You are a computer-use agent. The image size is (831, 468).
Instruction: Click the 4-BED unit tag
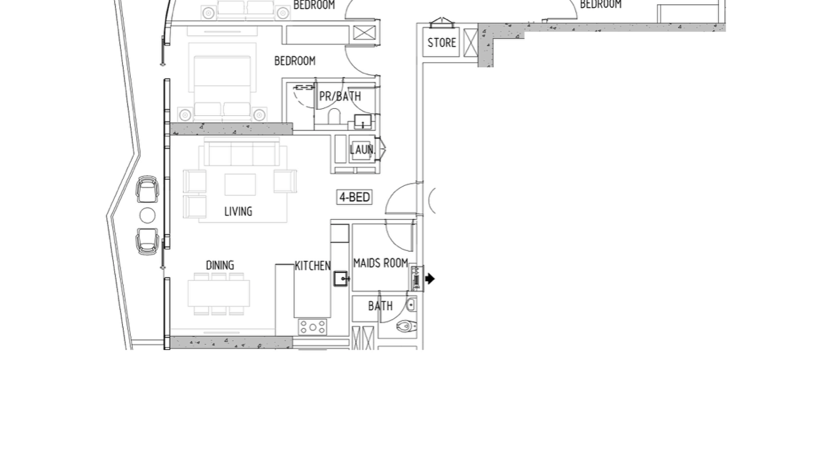[354, 197]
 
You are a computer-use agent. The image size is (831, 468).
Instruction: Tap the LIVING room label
[238, 211]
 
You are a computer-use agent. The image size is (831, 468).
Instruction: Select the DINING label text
[220, 265]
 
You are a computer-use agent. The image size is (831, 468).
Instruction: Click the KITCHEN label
[312, 266]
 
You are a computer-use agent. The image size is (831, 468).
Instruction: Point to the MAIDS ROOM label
[380, 263]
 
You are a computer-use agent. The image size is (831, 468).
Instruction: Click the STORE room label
[441, 42]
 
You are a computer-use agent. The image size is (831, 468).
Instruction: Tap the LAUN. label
[362, 150]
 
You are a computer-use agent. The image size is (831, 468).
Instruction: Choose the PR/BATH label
[340, 96]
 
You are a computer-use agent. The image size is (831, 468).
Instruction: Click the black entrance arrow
[430, 279]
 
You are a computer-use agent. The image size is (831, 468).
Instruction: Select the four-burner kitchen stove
[312, 327]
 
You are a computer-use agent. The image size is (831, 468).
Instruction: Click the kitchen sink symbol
[341, 278]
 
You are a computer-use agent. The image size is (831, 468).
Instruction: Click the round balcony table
[148, 215]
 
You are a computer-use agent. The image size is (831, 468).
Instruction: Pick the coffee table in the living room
[240, 185]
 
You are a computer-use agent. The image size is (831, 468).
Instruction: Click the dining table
[219, 293]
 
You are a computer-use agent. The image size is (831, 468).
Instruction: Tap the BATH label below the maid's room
[380, 306]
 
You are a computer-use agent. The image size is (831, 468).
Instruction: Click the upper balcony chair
[147, 189]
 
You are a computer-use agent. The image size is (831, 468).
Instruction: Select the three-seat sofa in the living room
[242, 152]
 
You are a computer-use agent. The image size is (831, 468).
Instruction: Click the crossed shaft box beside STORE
[470, 43]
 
